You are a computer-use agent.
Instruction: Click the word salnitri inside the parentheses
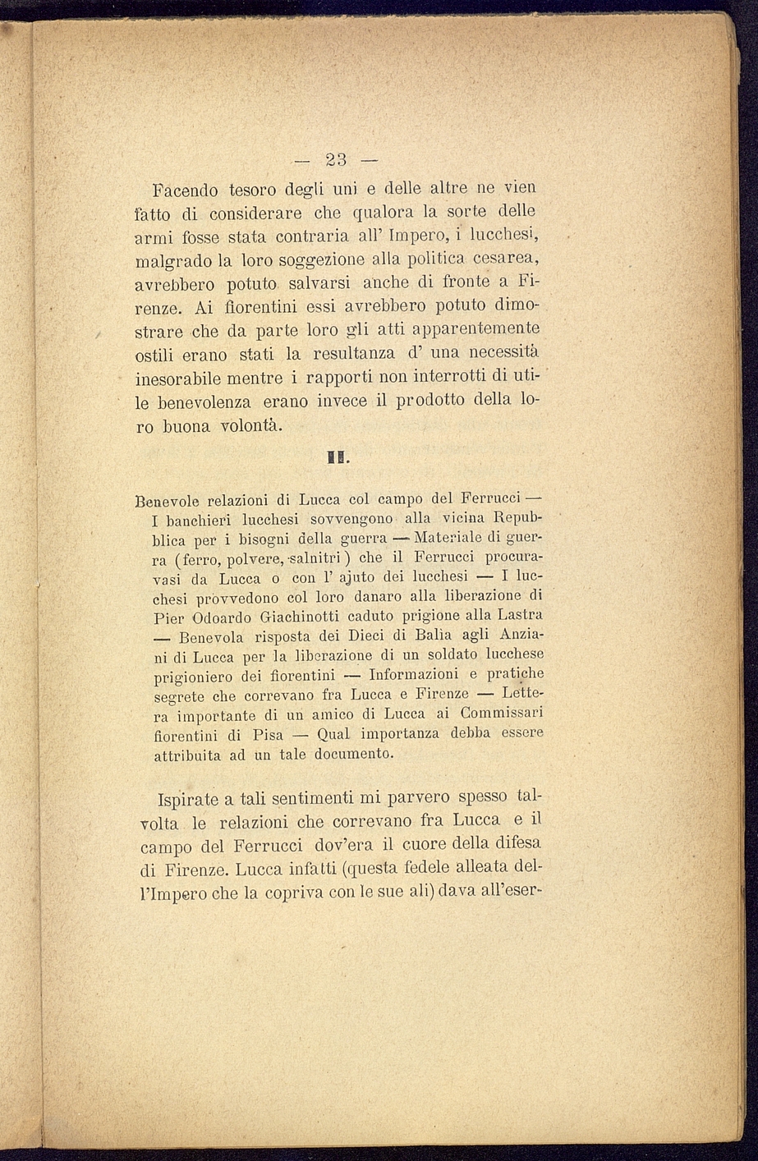310,559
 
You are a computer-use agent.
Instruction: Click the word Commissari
502,713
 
